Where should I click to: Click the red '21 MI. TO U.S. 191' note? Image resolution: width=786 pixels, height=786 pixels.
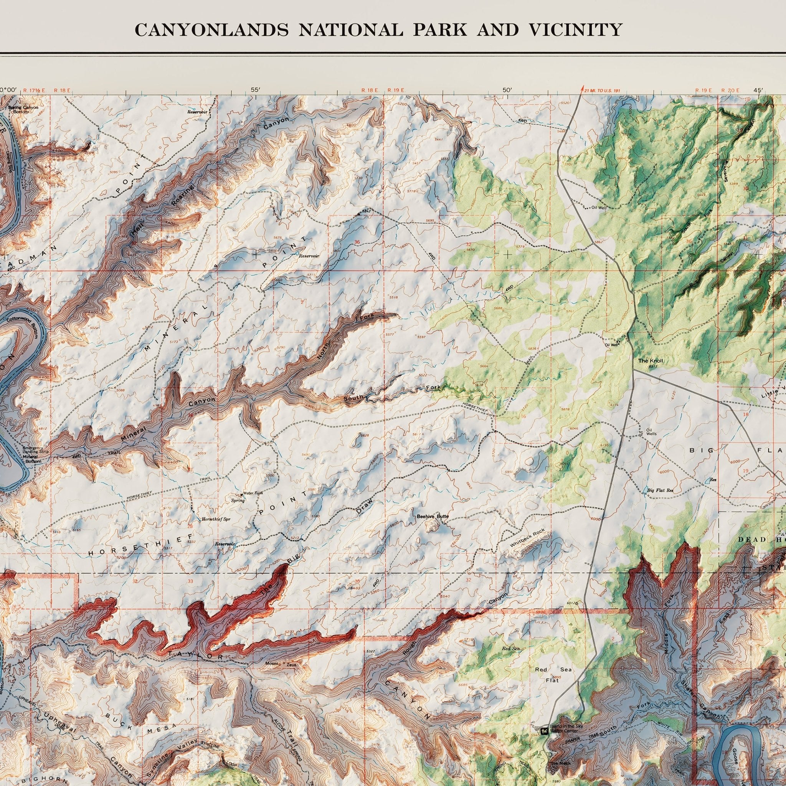coord(601,90)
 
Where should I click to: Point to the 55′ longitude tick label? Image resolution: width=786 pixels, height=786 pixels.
coord(256,90)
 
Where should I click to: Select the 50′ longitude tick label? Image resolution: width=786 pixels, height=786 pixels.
coord(507,90)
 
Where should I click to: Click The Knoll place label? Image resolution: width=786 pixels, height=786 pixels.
coord(651,361)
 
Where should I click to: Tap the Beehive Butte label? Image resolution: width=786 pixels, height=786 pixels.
coord(433,516)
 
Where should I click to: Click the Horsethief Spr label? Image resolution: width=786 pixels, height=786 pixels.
coord(213,520)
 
